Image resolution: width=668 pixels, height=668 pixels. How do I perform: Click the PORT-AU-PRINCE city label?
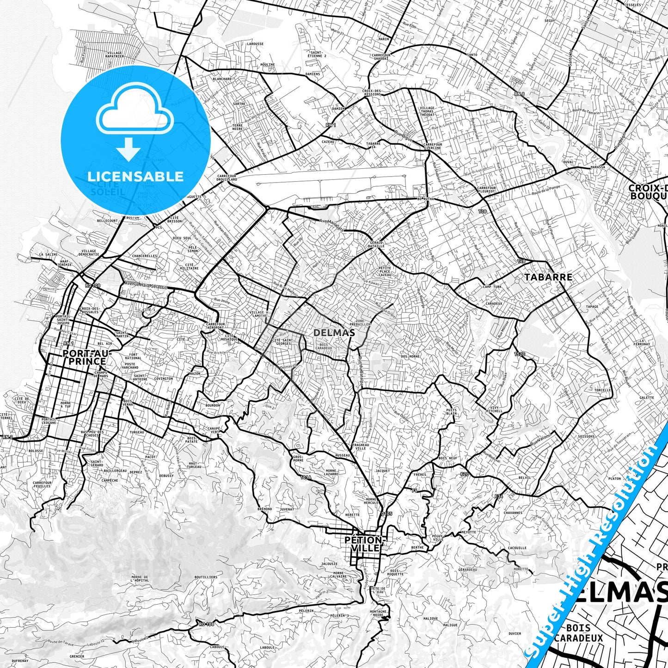(84, 357)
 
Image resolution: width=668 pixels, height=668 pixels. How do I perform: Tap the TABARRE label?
(548, 277)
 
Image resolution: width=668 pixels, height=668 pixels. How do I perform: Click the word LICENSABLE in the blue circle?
(135, 176)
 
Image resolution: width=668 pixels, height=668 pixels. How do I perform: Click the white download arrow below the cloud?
(129, 149)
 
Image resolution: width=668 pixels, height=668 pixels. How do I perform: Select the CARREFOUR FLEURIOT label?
(486, 190)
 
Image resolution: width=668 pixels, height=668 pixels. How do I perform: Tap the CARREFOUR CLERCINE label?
(433, 146)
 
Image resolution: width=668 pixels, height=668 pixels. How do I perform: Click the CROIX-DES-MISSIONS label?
(372, 92)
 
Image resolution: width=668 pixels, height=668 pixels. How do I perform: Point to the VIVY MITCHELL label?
(494, 409)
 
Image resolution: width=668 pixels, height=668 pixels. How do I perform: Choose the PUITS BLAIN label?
(451, 411)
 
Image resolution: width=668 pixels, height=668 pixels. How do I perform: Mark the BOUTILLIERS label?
(206, 577)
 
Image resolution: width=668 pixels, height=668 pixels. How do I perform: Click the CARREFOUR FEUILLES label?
(42, 484)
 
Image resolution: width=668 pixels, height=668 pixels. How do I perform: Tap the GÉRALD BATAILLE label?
(377, 244)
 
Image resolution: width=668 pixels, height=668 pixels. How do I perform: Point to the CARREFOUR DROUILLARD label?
(227, 178)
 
